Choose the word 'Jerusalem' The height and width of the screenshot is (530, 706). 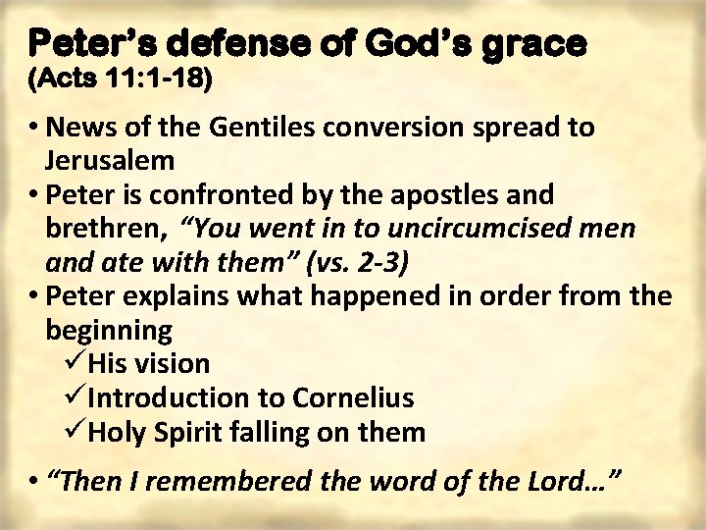click(110, 160)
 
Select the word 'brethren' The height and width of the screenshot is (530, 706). click(105, 229)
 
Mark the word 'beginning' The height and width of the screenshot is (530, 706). click(109, 329)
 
